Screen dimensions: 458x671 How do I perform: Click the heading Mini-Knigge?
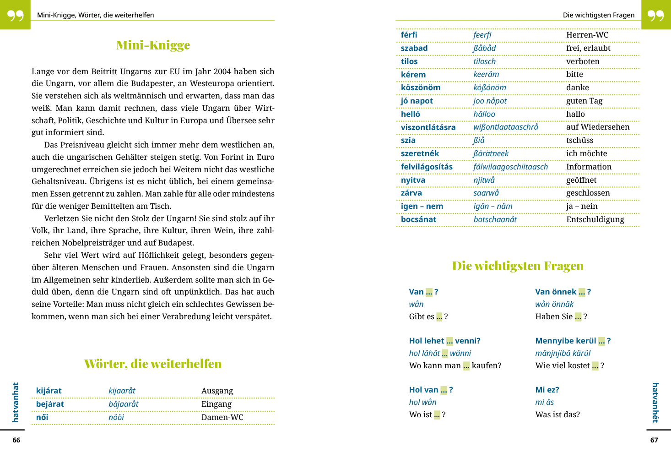(x=153, y=45)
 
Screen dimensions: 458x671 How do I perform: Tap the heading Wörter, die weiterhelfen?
(x=153, y=364)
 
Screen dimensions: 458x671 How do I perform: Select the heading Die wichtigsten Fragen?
(x=518, y=266)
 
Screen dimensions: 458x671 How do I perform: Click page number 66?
(x=16, y=440)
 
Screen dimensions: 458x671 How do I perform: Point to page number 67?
(x=654, y=440)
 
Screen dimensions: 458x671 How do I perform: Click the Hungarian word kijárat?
(x=49, y=391)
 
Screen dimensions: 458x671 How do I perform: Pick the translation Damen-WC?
(x=222, y=417)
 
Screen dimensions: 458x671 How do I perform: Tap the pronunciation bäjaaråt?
(x=123, y=404)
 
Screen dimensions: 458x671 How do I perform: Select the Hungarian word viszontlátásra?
(x=428, y=127)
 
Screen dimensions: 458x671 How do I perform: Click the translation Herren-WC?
(x=587, y=35)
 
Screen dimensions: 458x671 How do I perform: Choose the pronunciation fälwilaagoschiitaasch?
(x=510, y=167)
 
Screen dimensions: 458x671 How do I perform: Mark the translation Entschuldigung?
(x=595, y=219)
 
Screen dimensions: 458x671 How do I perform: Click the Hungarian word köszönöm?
(x=420, y=87)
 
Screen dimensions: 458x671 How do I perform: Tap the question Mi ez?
(x=547, y=390)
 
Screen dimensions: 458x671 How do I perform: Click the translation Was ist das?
(x=557, y=414)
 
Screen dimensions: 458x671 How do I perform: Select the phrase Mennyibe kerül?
(x=566, y=341)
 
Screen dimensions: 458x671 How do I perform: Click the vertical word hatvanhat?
(x=16, y=402)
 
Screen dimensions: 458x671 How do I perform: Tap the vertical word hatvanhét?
(x=655, y=402)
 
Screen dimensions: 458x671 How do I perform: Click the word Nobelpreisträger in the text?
(x=93, y=243)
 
